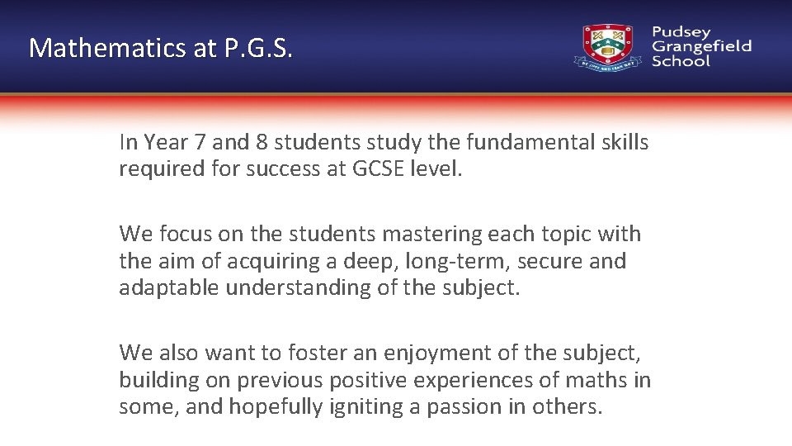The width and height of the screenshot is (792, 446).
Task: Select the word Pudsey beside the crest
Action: pos(681,32)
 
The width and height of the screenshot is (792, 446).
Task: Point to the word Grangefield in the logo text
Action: pos(701,46)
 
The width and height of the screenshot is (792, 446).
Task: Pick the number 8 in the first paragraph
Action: pos(262,142)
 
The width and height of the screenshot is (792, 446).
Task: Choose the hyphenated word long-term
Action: pos(427,261)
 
